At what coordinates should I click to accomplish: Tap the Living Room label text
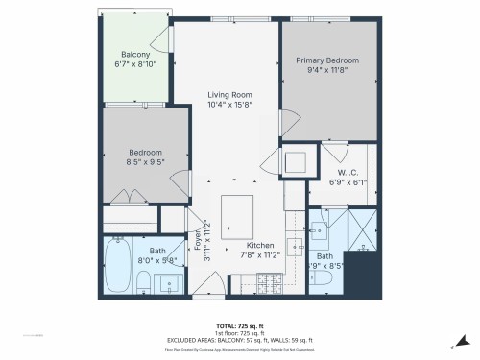pyautogui.click(x=230, y=94)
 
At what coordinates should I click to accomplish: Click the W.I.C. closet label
pyautogui.click(x=348, y=173)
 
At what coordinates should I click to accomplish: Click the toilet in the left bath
pyautogui.click(x=143, y=281)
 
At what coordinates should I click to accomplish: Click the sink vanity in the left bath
pyautogui.click(x=170, y=282)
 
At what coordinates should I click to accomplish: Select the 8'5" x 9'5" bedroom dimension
pyautogui.click(x=146, y=162)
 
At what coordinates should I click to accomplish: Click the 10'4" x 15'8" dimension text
pyautogui.click(x=230, y=105)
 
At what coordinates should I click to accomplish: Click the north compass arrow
pyautogui.click(x=453, y=343)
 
